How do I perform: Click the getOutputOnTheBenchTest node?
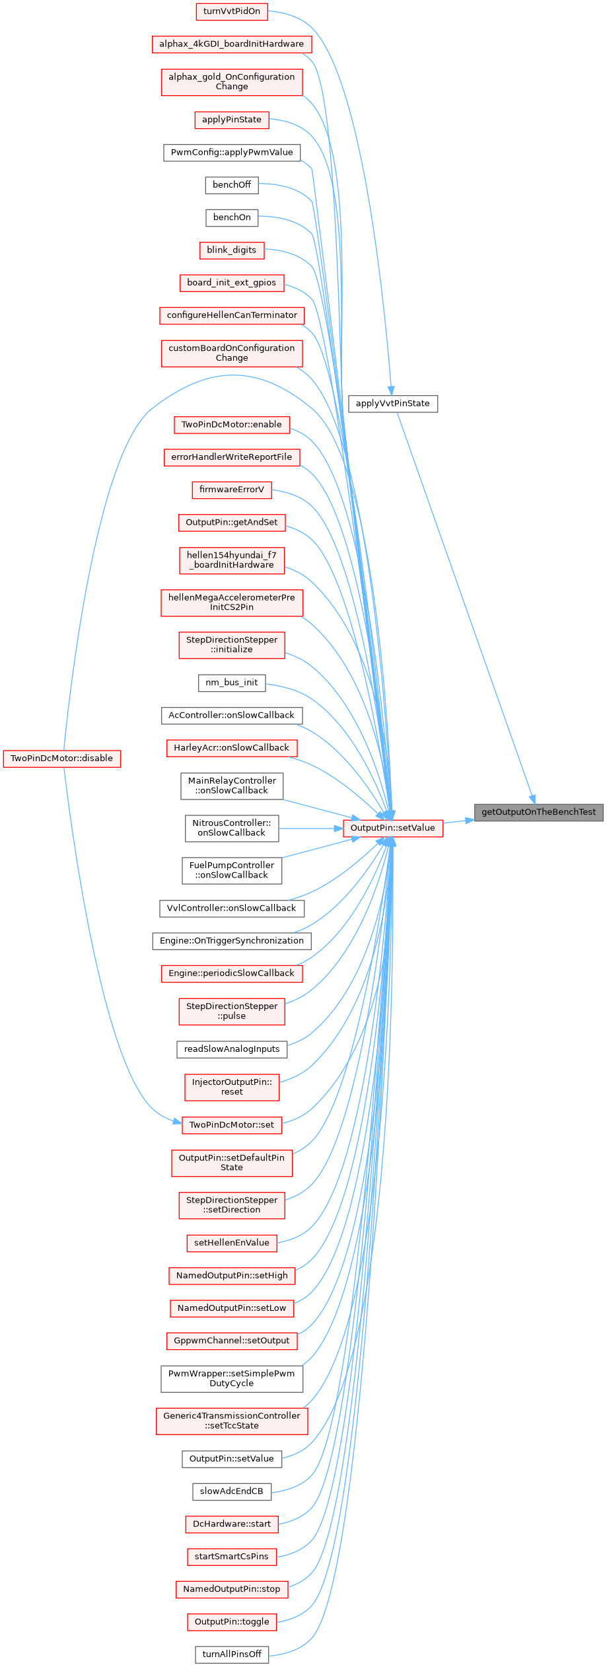(538, 812)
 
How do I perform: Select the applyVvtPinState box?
(392, 403)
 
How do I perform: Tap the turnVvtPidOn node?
(231, 11)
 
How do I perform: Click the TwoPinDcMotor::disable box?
(61, 758)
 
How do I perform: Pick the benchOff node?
(231, 184)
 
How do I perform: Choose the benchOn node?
(231, 217)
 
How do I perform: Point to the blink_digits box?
(231, 250)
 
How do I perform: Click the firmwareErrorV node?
(231, 490)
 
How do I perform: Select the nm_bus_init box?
(231, 683)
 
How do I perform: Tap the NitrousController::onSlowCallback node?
(231, 828)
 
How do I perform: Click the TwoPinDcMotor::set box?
(231, 1125)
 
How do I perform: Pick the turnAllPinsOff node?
(231, 1654)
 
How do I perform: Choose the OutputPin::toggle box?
(231, 1621)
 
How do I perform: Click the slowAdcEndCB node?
(231, 1491)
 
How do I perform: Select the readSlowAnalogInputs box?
(231, 1049)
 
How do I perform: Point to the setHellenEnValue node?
(231, 1242)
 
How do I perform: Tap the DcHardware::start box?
(231, 1524)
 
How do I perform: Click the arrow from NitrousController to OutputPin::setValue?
(310, 828)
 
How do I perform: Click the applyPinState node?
(231, 120)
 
